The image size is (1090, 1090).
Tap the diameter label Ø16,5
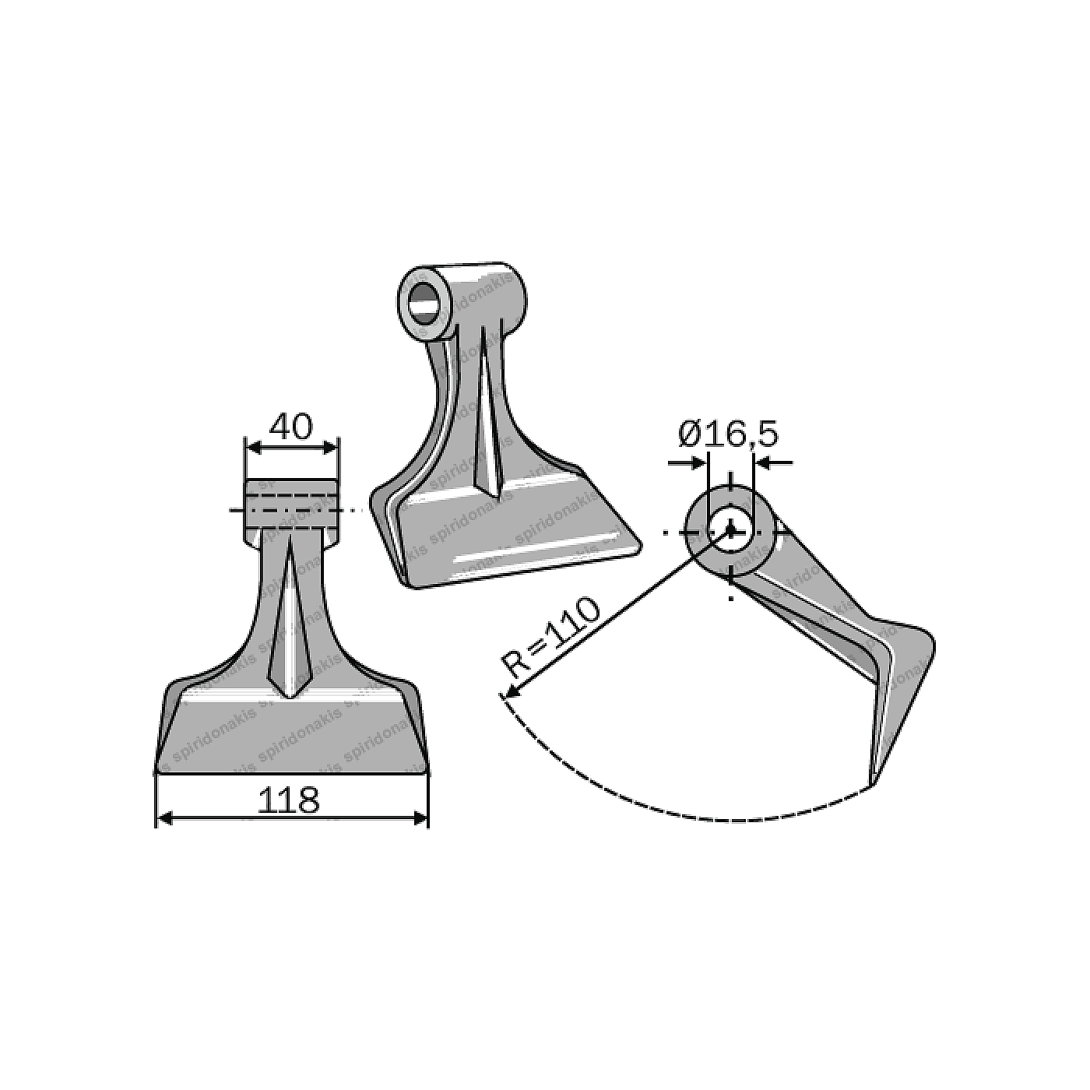coord(728,433)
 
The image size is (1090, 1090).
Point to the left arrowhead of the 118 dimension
coord(163,818)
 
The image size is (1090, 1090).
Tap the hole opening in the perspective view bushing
coord(424,303)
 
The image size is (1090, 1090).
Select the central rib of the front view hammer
coord(290,623)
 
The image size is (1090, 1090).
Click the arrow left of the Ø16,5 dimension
coord(697,462)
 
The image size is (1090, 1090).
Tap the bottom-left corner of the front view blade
coord(157,772)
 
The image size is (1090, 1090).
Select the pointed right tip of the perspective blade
coord(640,544)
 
